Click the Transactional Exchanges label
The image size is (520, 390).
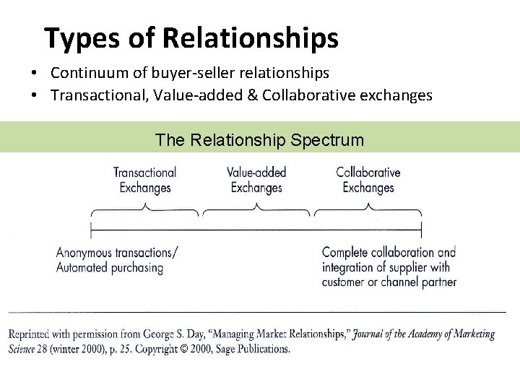pos(145,180)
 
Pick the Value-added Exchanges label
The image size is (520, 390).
pos(256,180)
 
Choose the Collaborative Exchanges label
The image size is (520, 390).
pos(368,180)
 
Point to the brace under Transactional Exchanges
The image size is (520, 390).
pos(144,210)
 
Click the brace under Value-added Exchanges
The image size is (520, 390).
pos(256,210)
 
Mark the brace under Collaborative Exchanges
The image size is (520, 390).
pos(368,210)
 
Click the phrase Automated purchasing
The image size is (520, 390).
pos(110,268)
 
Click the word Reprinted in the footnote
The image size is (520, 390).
pos(30,334)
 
